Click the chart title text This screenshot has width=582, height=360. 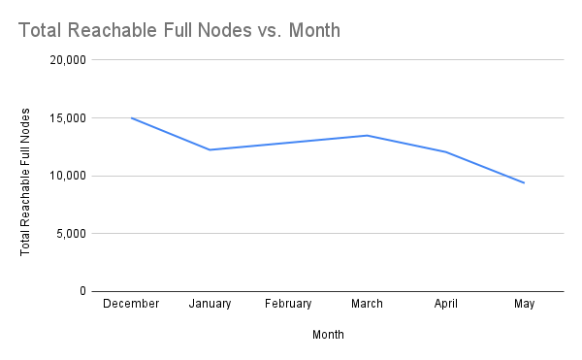click(179, 30)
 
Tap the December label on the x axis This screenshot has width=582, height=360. click(131, 304)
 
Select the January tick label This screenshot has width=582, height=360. click(210, 304)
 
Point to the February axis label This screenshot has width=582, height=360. click(289, 304)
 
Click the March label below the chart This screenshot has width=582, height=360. click(367, 304)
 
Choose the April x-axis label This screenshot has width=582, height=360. click(446, 304)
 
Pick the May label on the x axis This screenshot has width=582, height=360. click(525, 304)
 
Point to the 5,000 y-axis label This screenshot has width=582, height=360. click(73, 234)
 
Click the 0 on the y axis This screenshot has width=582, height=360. click(83, 291)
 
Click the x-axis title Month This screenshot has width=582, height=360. click(328, 335)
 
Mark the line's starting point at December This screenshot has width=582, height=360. click(131, 118)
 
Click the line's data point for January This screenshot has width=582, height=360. click(210, 149)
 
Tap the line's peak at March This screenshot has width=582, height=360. click(367, 135)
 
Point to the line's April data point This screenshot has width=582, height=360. click(446, 152)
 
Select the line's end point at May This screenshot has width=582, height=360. click(525, 182)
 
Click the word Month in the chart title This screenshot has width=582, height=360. click(313, 30)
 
